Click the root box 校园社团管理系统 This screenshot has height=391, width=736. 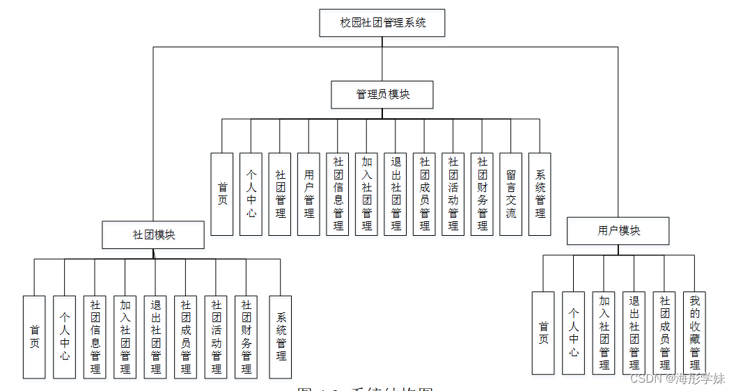click(382, 23)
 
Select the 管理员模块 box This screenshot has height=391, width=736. click(382, 95)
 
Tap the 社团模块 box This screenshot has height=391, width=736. click(153, 235)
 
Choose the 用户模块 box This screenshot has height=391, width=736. click(618, 231)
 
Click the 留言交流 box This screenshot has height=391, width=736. click(510, 194)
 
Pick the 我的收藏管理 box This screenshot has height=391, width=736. click(694, 333)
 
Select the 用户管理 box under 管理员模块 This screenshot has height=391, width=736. click(309, 194)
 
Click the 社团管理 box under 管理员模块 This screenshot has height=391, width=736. click(280, 194)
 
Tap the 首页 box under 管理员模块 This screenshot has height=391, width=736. click(222, 194)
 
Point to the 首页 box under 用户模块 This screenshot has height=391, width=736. click(543, 333)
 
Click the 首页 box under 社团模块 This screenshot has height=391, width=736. click(34, 337)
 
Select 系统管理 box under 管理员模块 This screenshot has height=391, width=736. click(540, 194)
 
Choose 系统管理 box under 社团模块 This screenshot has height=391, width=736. click(281, 337)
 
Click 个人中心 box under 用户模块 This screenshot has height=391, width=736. click(574, 333)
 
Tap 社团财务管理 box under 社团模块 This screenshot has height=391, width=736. click(246, 337)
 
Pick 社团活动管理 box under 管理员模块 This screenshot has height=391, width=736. click(453, 194)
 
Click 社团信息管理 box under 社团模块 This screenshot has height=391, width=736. click(95, 337)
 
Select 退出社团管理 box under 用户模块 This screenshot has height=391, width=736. click(634, 333)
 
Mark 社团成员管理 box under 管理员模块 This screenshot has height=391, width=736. click(424, 194)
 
